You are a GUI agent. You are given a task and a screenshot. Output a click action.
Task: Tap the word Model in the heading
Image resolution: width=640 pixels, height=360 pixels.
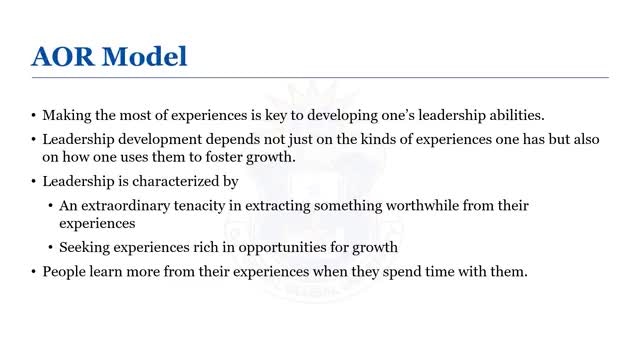[x=144, y=56]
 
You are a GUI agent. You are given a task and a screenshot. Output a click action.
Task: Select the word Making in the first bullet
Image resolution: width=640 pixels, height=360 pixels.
[x=67, y=116]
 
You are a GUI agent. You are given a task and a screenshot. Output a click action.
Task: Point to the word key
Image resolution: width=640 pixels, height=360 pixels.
[x=276, y=116]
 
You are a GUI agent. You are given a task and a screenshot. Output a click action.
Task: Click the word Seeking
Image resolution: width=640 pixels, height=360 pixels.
[x=84, y=248]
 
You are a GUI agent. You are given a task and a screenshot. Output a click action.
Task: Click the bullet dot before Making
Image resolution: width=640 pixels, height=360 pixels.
[x=33, y=116]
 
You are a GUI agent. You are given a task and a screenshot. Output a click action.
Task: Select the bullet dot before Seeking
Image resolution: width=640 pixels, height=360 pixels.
[x=50, y=247]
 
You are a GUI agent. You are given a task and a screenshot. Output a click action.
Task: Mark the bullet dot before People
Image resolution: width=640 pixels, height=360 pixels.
[x=33, y=271]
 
